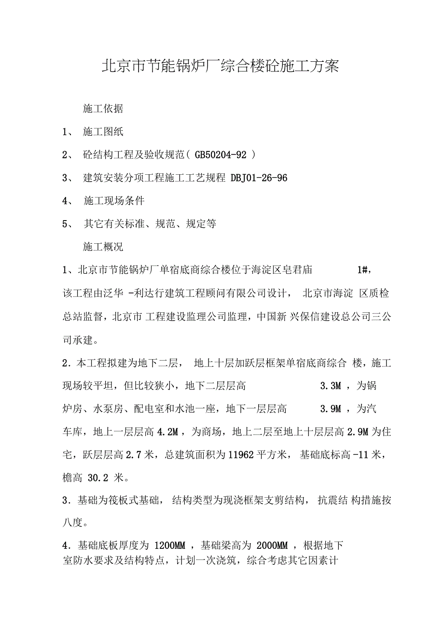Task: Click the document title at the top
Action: point(220,66)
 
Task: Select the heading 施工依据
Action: point(103,109)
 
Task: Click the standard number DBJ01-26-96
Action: point(259,178)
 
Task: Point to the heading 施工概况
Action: point(103,247)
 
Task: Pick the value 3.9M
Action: point(331,409)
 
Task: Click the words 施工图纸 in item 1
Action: point(103,132)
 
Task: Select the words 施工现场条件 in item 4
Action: point(114,201)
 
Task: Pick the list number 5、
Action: point(68,224)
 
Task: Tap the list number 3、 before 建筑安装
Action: point(68,178)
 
